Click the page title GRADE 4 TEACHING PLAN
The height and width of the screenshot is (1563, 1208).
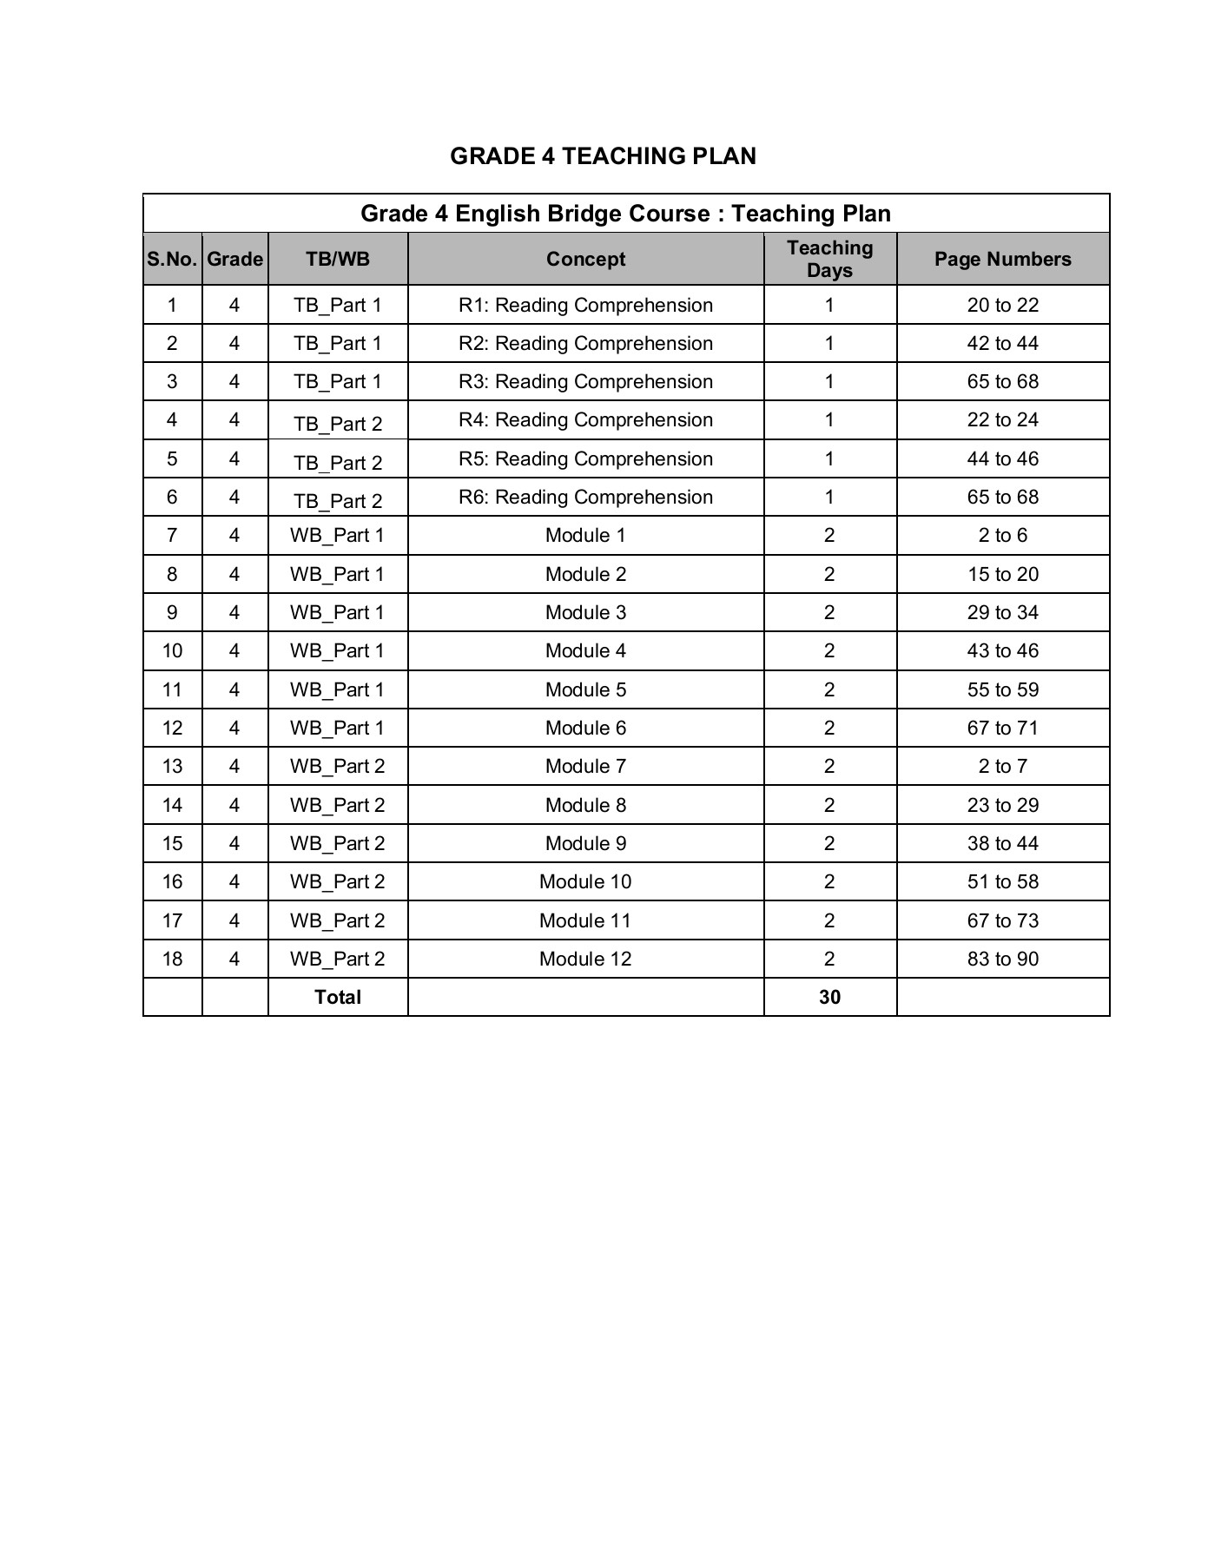coord(603,156)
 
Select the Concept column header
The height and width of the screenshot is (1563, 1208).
coord(585,260)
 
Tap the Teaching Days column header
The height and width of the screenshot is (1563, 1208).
coord(829,260)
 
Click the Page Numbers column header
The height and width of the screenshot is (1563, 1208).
coord(1002,260)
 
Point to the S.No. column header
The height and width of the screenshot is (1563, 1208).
coord(172,260)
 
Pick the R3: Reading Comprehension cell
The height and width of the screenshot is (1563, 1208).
coord(585,382)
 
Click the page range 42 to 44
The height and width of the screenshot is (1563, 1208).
coord(1002,344)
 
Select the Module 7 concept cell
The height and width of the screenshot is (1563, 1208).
coord(585,767)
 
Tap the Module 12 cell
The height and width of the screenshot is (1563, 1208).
coord(585,960)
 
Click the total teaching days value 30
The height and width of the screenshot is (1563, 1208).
coord(829,998)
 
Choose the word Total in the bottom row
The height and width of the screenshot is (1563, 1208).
coord(338,998)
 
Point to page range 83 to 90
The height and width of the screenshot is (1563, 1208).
coord(1002,960)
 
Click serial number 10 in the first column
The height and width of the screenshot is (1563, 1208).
coord(172,651)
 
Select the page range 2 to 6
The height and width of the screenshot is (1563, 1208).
coord(1002,536)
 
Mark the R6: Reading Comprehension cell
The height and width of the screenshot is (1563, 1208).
coord(585,498)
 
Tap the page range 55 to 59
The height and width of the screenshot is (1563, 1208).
coord(1002,690)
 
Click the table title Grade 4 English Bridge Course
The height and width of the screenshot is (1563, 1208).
coord(625,214)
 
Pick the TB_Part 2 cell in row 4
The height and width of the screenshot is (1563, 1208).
coord(338,424)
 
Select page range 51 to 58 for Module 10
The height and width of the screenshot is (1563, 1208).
coord(1002,882)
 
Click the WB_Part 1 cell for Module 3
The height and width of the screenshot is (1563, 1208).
coord(338,613)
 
